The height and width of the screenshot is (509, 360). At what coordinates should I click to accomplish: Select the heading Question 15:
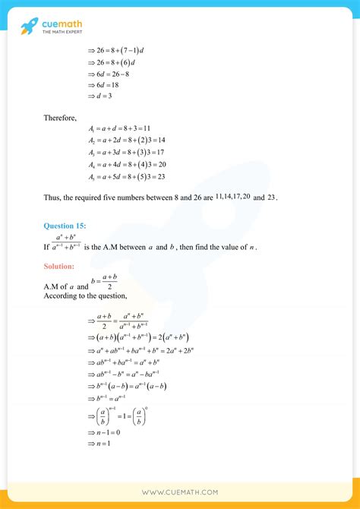[x=65, y=226]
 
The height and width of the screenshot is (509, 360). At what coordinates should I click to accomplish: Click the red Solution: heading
[x=59, y=267]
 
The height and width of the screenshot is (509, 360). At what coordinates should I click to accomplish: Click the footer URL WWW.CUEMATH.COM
[x=180, y=492]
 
